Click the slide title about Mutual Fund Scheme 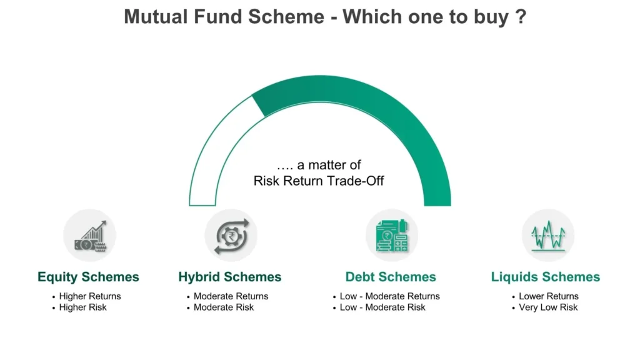coord(325,17)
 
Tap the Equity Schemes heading coord(88,277)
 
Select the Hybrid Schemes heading coord(230,277)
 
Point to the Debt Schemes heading coord(391,277)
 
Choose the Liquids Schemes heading coord(545,277)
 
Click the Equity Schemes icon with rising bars coord(90,236)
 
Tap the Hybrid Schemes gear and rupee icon coord(231,236)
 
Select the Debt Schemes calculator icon coord(392,236)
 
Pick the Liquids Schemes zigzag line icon coord(548,236)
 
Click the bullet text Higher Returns coord(90,296)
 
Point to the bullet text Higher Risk coord(83,307)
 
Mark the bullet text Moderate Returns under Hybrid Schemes coord(231,296)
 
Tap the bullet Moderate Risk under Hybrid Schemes coord(224,307)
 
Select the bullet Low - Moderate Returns coord(390,296)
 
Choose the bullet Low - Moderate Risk coord(382,307)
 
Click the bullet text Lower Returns coord(549,296)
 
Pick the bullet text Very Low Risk coord(548,307)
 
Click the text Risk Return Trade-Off coord(318,181)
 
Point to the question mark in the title coord(521,17)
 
